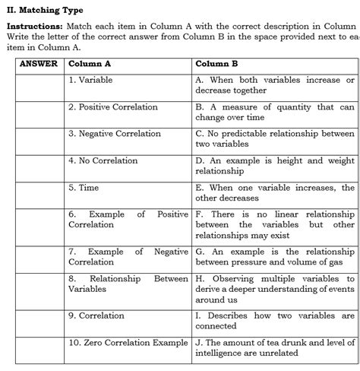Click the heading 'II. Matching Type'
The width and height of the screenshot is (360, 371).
pyautogui.click(x=45, y=10)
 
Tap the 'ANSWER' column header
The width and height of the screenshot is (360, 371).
pyautogui.click(x=39, y=64)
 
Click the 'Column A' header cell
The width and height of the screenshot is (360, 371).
pyautogui.click(x=90, y=64)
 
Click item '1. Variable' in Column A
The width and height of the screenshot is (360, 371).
pyautogui.click(x=93, y=80)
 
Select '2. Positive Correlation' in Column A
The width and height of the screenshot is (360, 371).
pyautogui.click(x=113, y=107)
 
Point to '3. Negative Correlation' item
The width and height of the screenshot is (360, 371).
pyautogui.click(x=115, y=134)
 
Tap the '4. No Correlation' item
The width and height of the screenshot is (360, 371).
pyautogui.click(x=103, y=160)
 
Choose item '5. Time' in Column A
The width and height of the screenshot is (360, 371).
pyautogui.click(x=84, y=187)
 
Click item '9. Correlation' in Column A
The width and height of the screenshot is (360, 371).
pyautogui.click(x=97, y=315)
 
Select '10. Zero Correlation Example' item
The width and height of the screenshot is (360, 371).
pyautogui.click(x=128, y=342)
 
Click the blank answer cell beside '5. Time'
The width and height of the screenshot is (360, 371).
pyautogui.click(x=39, y=193)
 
